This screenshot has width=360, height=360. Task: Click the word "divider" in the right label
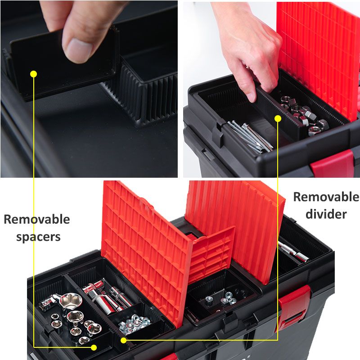(326, 214)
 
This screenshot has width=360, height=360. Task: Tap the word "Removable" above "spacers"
(36, 220)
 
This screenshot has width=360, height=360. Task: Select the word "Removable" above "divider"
(326, 197)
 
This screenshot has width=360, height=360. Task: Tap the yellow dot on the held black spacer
(33, 73)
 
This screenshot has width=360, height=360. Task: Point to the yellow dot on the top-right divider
(278, 118)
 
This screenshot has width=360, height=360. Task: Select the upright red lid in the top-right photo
(319, 54)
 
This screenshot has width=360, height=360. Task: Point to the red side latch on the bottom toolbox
(295, 306)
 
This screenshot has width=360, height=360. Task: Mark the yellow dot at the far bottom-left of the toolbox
(94, 347)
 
